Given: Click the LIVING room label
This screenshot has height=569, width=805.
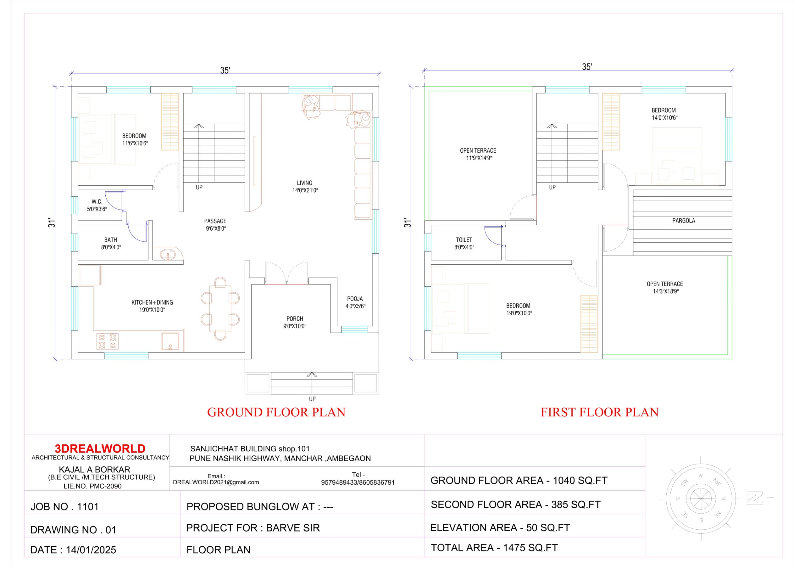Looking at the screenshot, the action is coord(304,183).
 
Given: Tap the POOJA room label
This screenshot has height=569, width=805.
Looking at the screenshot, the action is coord(355,299).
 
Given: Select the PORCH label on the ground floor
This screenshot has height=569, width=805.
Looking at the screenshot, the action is coord(295,319).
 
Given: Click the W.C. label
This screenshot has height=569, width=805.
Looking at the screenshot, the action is coord(97,202).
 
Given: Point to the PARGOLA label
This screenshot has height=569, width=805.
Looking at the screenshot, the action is coord(683,221).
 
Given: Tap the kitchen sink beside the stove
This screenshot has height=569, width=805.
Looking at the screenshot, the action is coord(170,341).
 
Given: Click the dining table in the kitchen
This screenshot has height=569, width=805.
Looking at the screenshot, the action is coord(220,308).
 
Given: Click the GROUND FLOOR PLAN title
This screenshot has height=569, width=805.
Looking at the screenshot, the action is coord(276,412).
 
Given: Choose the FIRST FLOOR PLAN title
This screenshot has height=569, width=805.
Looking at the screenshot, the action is coord(600,412).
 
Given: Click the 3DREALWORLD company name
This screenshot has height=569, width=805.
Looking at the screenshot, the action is coord(100,449).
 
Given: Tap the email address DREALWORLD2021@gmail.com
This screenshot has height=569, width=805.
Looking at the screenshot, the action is coord(216,482).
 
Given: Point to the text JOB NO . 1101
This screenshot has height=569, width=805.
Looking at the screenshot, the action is coord(64,507).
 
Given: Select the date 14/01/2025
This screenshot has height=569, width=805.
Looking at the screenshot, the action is coord(91,550).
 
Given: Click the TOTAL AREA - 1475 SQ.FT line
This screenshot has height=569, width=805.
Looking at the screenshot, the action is coord(494,548).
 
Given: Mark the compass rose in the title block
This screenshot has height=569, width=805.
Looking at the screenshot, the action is coord(701,499).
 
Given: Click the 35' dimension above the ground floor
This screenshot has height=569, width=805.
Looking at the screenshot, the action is coord(225,70).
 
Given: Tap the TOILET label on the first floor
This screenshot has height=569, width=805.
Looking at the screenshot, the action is coord(464,240).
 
